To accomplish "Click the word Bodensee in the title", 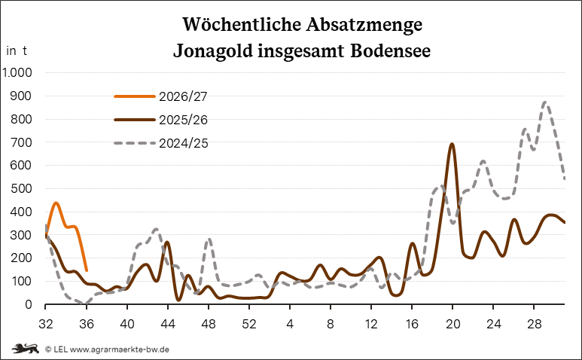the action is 390,50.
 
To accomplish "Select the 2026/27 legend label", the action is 184,96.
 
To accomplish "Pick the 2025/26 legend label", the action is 184,120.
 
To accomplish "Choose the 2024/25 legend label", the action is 184,143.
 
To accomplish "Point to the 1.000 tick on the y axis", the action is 17,72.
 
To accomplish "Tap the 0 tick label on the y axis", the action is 28,305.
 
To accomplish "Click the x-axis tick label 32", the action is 46,324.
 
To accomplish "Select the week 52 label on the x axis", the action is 249,324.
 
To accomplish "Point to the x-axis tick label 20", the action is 452,324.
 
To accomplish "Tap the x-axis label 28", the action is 534,324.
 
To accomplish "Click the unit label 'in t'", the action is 17,51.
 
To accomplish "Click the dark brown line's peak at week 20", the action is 452,144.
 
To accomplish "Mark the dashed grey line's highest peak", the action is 544,102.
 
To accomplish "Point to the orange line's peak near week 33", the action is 56,203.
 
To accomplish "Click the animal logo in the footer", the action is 26,349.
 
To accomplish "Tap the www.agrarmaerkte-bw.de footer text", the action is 120,349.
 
